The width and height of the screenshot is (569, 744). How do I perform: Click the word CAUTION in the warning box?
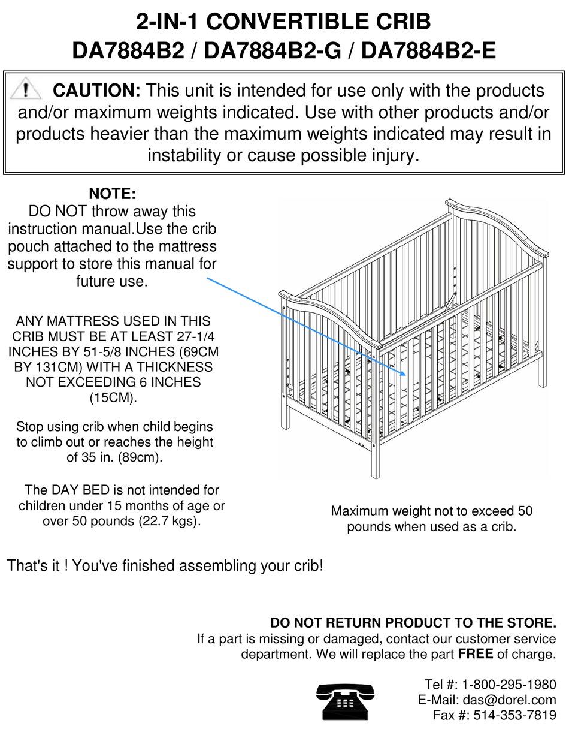pyautogui.click(x=96, y=91)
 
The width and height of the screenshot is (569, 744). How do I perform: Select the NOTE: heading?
pyautogui.click(x=112, y=194)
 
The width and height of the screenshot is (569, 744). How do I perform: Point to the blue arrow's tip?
pyautogui.click(x=405, y=375)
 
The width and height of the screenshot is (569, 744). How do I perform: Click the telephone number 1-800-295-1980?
pyautogui.click(x=509, y=684)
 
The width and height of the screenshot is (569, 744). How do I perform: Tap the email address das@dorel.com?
pyautogui.click(x=509, y=700)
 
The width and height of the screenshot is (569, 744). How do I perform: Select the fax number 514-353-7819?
pyautogui.click(x=514, y=715)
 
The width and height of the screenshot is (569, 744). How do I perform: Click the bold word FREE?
pyautogui.click(x=476, y=653)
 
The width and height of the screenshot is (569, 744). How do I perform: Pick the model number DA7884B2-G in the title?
pyautogui.click(x=273, y=51)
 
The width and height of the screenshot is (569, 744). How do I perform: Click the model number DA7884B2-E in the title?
pyautogui.click(x=428, y=51)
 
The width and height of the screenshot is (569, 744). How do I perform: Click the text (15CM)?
pyautogui.click(x=113, y=397)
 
